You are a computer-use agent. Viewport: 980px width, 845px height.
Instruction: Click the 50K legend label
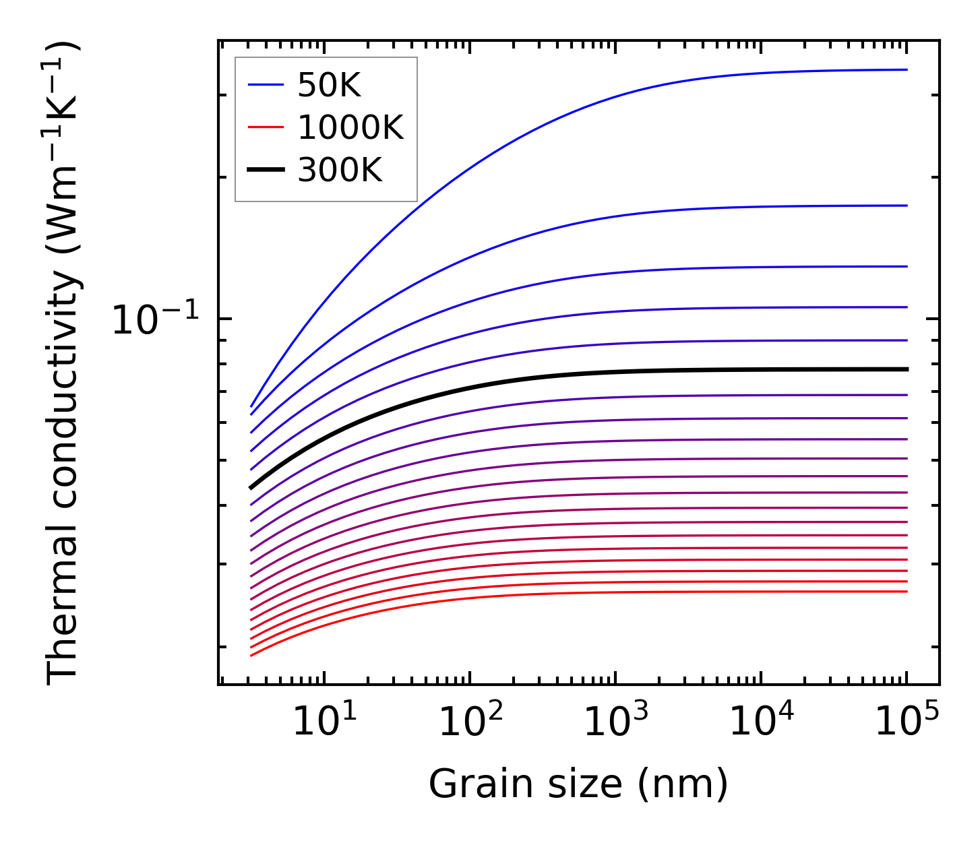(x=329, y=86)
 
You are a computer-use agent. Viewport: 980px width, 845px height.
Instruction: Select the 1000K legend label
(x=350, y=128)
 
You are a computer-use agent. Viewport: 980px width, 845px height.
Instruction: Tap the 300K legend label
(x=340, y=170)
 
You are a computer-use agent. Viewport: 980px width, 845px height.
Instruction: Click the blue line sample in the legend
(x=266, y=85)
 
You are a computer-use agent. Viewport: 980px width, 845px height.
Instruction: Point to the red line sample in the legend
(x=266, y=127)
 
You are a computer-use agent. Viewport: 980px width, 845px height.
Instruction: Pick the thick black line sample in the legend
(x=266, y=170)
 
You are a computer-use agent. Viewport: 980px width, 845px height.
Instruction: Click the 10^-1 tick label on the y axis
(x=155, y=319)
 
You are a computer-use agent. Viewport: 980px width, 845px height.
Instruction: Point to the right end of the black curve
(x=906, y=369)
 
